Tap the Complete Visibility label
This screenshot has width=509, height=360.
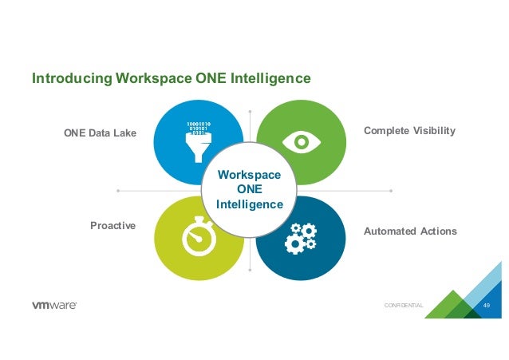[409, 129]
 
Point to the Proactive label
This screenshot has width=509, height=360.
[113, 226]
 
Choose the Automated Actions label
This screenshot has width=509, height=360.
[410, 231]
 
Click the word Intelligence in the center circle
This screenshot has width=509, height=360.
[250, 204]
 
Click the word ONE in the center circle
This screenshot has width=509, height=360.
[250, 189]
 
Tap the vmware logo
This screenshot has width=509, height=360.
[54, 307]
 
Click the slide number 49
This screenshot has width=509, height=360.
[487, 307]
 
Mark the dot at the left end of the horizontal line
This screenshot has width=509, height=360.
[118, 191]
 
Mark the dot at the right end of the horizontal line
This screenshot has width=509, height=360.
[392, 191]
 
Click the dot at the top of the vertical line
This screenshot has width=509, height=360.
[250, 111]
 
